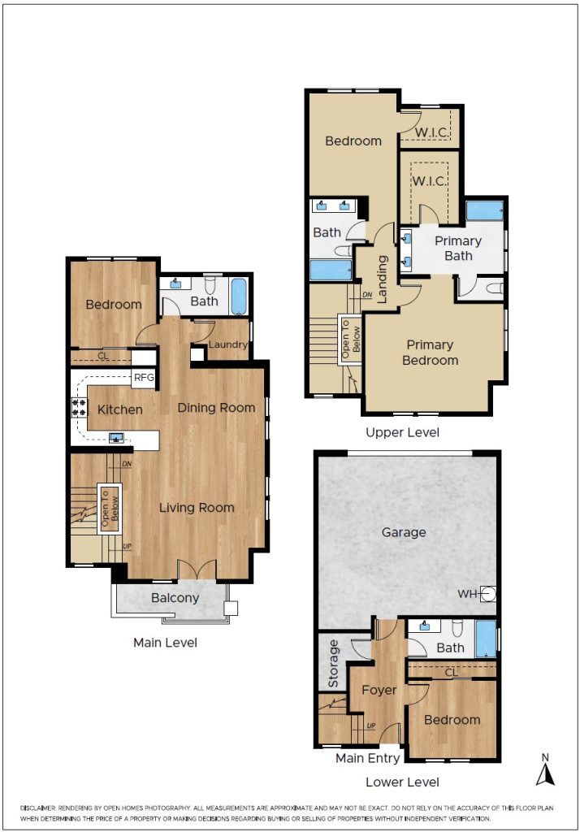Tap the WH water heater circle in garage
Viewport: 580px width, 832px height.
[x=488, y=594]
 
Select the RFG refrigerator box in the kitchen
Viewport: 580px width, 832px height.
[x=143, y=378]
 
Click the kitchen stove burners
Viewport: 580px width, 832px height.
[x=79, y=407]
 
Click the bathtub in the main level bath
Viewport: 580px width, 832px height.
[x=239, y=296]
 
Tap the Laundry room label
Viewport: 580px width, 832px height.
[x=228, y=344]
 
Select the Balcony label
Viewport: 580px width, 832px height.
[x=175, y=598]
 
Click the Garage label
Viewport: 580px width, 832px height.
[x=404, y=532]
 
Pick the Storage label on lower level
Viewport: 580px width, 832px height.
[x=333, y=664]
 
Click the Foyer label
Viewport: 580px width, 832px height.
[x=379, y=691]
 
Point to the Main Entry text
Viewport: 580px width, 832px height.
[x=368, y=758]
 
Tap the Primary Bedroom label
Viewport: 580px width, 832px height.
[x=430, y=353]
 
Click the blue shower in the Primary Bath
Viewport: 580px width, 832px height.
[x=484, y=210]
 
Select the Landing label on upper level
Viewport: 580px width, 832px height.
[x=382, y=279]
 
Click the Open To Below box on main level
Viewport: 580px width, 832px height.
[x=110, y=509]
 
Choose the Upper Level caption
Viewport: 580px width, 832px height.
[x=403, y=432]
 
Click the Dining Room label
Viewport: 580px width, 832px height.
[x=217, y=408]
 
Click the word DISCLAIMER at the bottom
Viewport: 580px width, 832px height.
[x=37, y=808]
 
